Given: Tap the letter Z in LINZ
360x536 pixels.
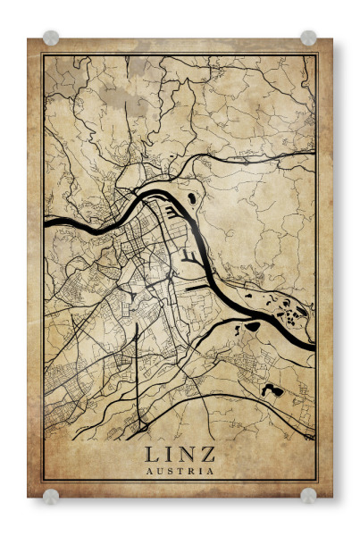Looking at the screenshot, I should [x=208, y=455].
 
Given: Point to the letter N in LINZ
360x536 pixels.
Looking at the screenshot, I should [x=187, y=455].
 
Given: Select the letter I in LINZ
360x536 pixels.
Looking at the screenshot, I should [x=168, y=455].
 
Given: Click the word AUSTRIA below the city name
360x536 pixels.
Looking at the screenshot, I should [x=180, y=471].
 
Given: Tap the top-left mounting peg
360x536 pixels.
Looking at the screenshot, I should [x=51, y=38].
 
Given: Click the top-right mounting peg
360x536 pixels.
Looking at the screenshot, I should [x=308, y=38].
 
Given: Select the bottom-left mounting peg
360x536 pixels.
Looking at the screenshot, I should [x=51, y=495].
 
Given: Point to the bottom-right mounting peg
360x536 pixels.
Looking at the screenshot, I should [x=308, y=495].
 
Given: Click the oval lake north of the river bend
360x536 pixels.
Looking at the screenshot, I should [x=190, y=198].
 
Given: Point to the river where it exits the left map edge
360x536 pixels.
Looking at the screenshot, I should [x=46, y=222].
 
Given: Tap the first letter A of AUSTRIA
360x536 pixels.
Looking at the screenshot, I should [x=148, y=471].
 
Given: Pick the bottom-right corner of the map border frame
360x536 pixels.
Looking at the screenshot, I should [x=318, y=482].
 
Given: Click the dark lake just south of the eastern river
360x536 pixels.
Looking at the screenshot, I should [x=253, y=327].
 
